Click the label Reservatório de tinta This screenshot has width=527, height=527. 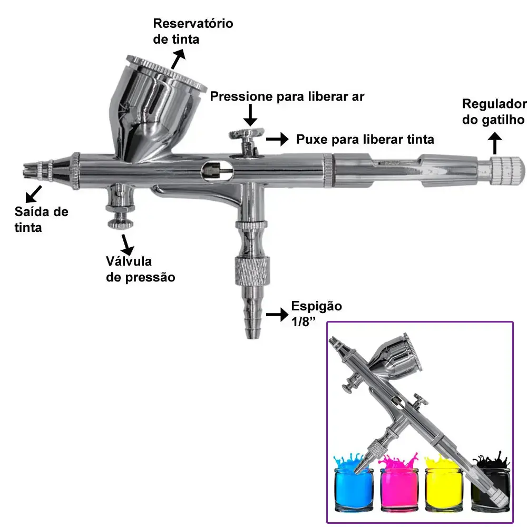[x=193, y=31]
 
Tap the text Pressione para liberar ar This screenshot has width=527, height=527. [x=287, y=96]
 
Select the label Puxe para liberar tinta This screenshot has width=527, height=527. [x=365, y=139]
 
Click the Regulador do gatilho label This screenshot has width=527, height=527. [x=494, y=112]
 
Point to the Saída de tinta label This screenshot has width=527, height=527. [x=41, y=219]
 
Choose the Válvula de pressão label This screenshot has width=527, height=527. [x=141, y=269]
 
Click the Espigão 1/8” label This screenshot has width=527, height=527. [x=316, y=314]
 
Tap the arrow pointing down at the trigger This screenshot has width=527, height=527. [x=250, y=115]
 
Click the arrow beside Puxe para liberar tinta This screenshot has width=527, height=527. [x=277, y=139]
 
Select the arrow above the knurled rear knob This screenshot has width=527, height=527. [x=495, y=143]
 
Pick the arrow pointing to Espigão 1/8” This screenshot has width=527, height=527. [x=277, y=315]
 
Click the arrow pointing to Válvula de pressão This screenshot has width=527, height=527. [x=127, y=245]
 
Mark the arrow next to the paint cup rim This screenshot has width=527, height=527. [x=178, y=59]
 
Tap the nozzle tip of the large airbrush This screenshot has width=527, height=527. [x=29, y=170]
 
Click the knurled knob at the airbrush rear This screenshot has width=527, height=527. [x=507, y=171]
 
